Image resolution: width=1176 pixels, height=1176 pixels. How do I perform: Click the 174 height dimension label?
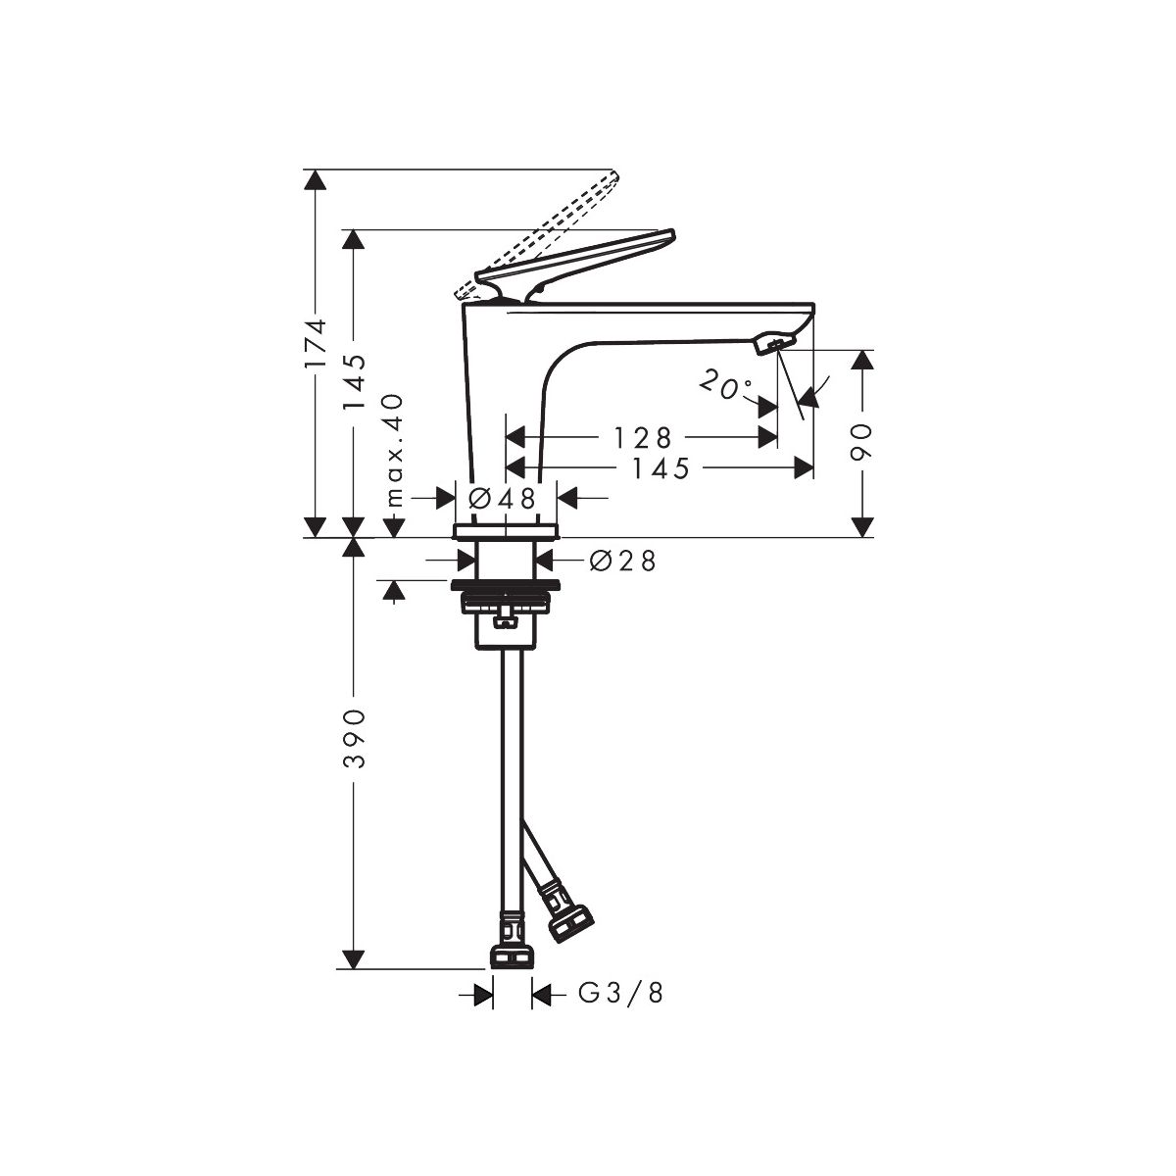(x=317, y=342)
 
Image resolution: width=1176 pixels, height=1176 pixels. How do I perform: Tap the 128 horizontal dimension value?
(x=643, y=437)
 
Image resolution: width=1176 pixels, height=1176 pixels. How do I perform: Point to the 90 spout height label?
(x=862, y=443)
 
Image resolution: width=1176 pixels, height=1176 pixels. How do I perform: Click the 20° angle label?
(x=725, y=385)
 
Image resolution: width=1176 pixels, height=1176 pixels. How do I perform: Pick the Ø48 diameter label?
(x=502, y=499)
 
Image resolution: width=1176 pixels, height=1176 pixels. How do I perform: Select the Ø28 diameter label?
(x=623, y=561)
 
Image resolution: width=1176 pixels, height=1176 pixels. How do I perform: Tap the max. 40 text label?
(x=396, y=451)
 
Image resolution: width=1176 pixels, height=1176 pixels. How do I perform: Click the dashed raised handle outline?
(x=538, y=237)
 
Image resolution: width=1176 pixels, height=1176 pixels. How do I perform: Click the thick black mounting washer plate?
(x=506, y=585)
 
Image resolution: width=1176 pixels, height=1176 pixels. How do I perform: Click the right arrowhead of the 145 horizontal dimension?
(x=805, y=468)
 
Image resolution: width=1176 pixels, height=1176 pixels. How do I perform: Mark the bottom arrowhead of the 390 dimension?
(x=354, y=958)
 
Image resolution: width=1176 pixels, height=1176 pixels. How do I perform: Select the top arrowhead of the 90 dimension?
(x=862, y=360)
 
